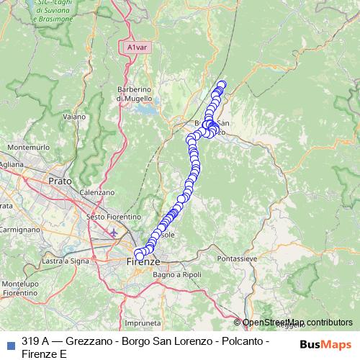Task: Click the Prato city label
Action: [60, 181]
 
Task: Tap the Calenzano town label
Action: [97, 192]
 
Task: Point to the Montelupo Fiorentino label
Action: [19, 288]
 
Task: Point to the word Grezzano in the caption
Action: [89, 341]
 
